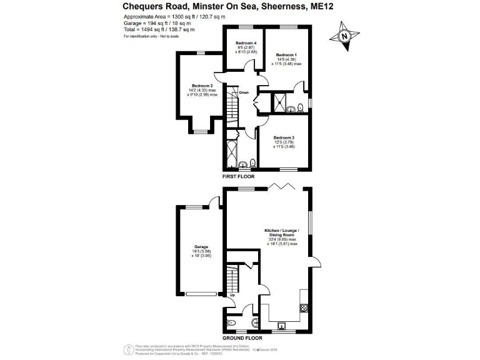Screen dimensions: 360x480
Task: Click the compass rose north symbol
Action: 344,36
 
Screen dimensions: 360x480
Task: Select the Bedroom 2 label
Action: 202,86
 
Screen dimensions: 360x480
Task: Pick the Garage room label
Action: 201,247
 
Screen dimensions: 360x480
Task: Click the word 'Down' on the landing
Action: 244,93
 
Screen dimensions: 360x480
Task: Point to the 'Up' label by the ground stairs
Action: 232,294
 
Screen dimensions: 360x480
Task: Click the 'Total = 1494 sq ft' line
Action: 159,29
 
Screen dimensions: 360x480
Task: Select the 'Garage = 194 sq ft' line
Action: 159,23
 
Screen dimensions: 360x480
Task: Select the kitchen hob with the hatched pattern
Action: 304,307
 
